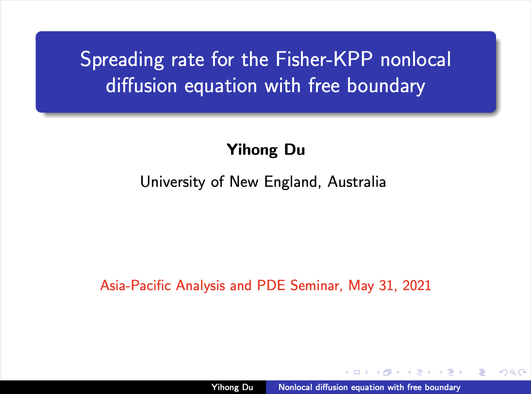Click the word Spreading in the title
122,60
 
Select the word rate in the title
188,60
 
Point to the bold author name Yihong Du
266,149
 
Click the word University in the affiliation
173,182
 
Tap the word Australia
357,182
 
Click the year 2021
416,286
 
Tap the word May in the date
361,286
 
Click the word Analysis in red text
200,286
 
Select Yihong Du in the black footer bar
232,387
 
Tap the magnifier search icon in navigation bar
513,372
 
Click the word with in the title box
282,85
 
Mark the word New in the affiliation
244,182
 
